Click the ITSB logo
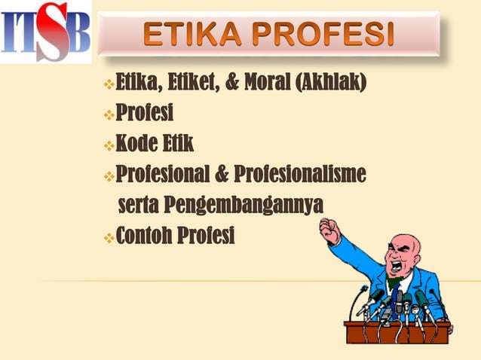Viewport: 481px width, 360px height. coord(45,32)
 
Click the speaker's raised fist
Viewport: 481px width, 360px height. coord(329,230)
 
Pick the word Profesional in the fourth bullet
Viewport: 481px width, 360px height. coord(165,175)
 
